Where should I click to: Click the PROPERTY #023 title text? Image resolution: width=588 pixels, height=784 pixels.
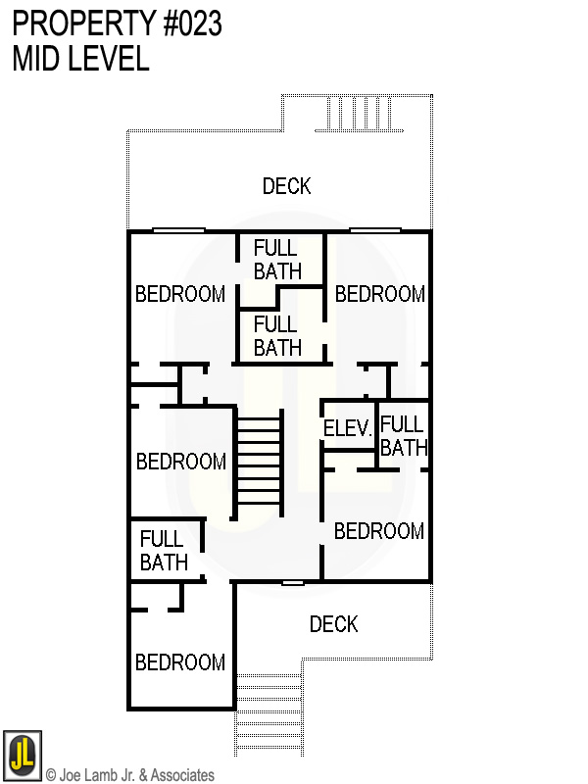(x=117, y=24)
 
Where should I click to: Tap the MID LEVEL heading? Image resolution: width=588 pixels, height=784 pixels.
(x=80, y=59)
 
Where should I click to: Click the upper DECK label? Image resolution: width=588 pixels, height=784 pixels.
(x=286, y=185)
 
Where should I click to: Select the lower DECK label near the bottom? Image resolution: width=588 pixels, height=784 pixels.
(x=333, y=624)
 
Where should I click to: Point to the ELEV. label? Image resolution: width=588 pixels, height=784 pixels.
(x=348, y=428)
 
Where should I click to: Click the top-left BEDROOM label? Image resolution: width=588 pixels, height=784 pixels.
(x=180, y=294)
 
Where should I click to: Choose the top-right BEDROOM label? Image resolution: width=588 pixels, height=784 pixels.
(x=380, y=294)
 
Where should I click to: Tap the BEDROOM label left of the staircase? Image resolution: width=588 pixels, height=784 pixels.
(x=181, y=462)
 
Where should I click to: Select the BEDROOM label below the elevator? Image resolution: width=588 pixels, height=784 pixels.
(x=379, y=531)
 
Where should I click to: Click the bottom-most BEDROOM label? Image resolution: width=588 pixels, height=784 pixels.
(x=180, y=662)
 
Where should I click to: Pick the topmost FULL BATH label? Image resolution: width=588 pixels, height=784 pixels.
(x=276, y=260)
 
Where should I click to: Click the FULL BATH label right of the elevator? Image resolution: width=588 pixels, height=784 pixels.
(x=403, y=436)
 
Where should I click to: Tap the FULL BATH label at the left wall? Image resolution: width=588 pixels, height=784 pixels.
(x=163, y=551)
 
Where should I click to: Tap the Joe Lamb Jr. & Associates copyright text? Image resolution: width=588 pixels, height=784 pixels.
(x=129, y=775)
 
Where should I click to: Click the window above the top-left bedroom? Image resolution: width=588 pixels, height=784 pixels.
(x=178, y=230)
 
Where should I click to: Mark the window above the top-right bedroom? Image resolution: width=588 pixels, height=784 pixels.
(x=375, y=230)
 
